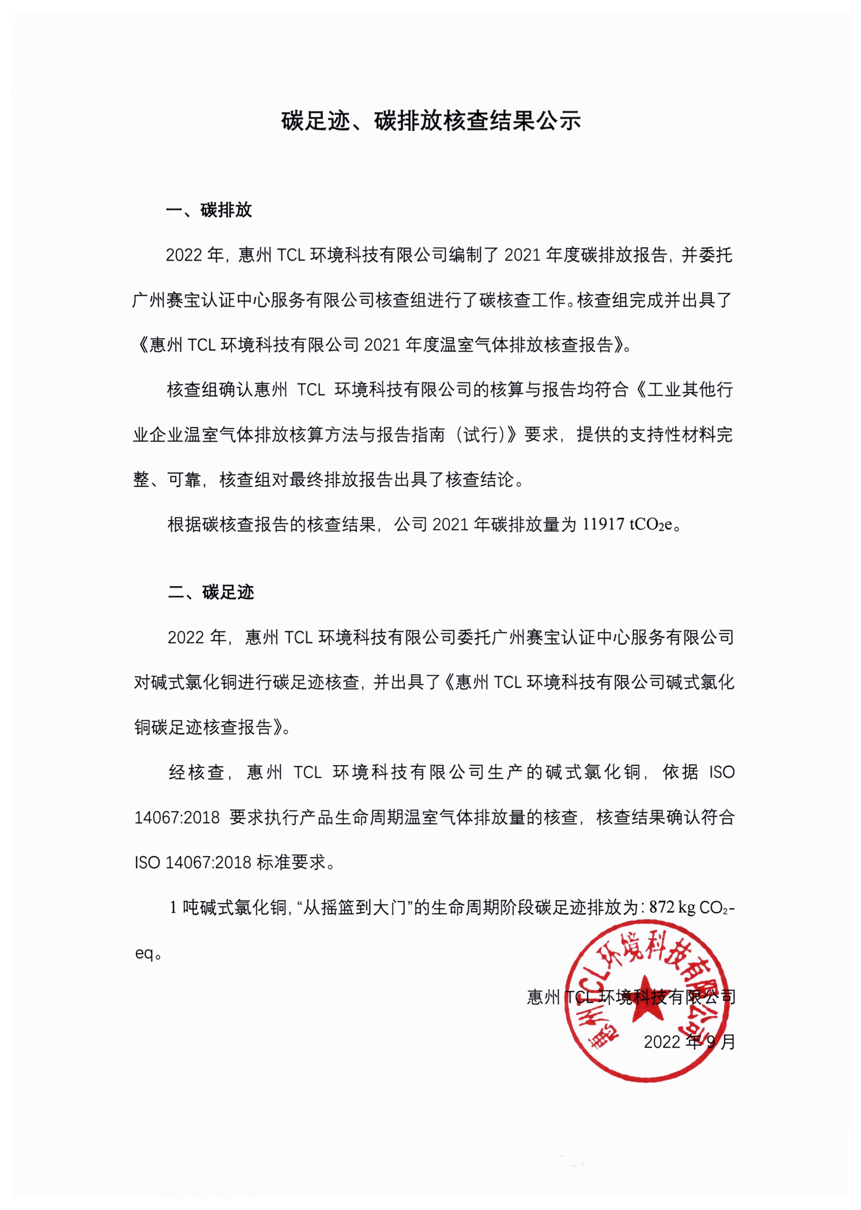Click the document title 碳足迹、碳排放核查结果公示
[431, 121]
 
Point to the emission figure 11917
[603, 525]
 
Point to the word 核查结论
[480, 480]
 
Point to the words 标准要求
[290, 863]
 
